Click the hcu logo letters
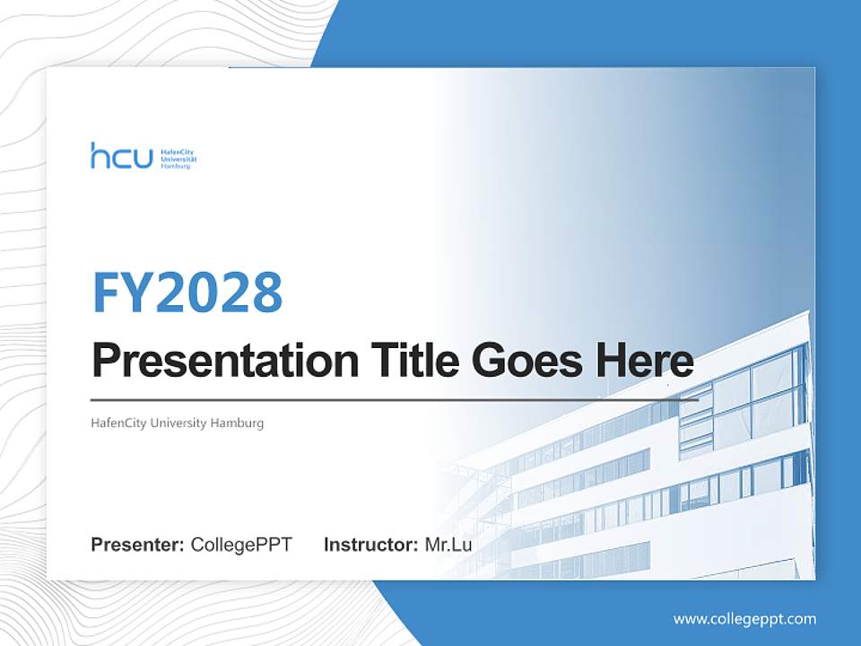pos(121,156)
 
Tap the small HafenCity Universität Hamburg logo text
pos(178,159)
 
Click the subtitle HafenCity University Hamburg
pos(178,423)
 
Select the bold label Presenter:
pos(138,545)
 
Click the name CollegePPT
pos(241,545)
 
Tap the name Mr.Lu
pos(448,545)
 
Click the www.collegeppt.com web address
pos(744,619)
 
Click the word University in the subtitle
pos(178,423)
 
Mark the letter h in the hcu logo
pos(98,155)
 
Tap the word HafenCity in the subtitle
pos(117,423)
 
